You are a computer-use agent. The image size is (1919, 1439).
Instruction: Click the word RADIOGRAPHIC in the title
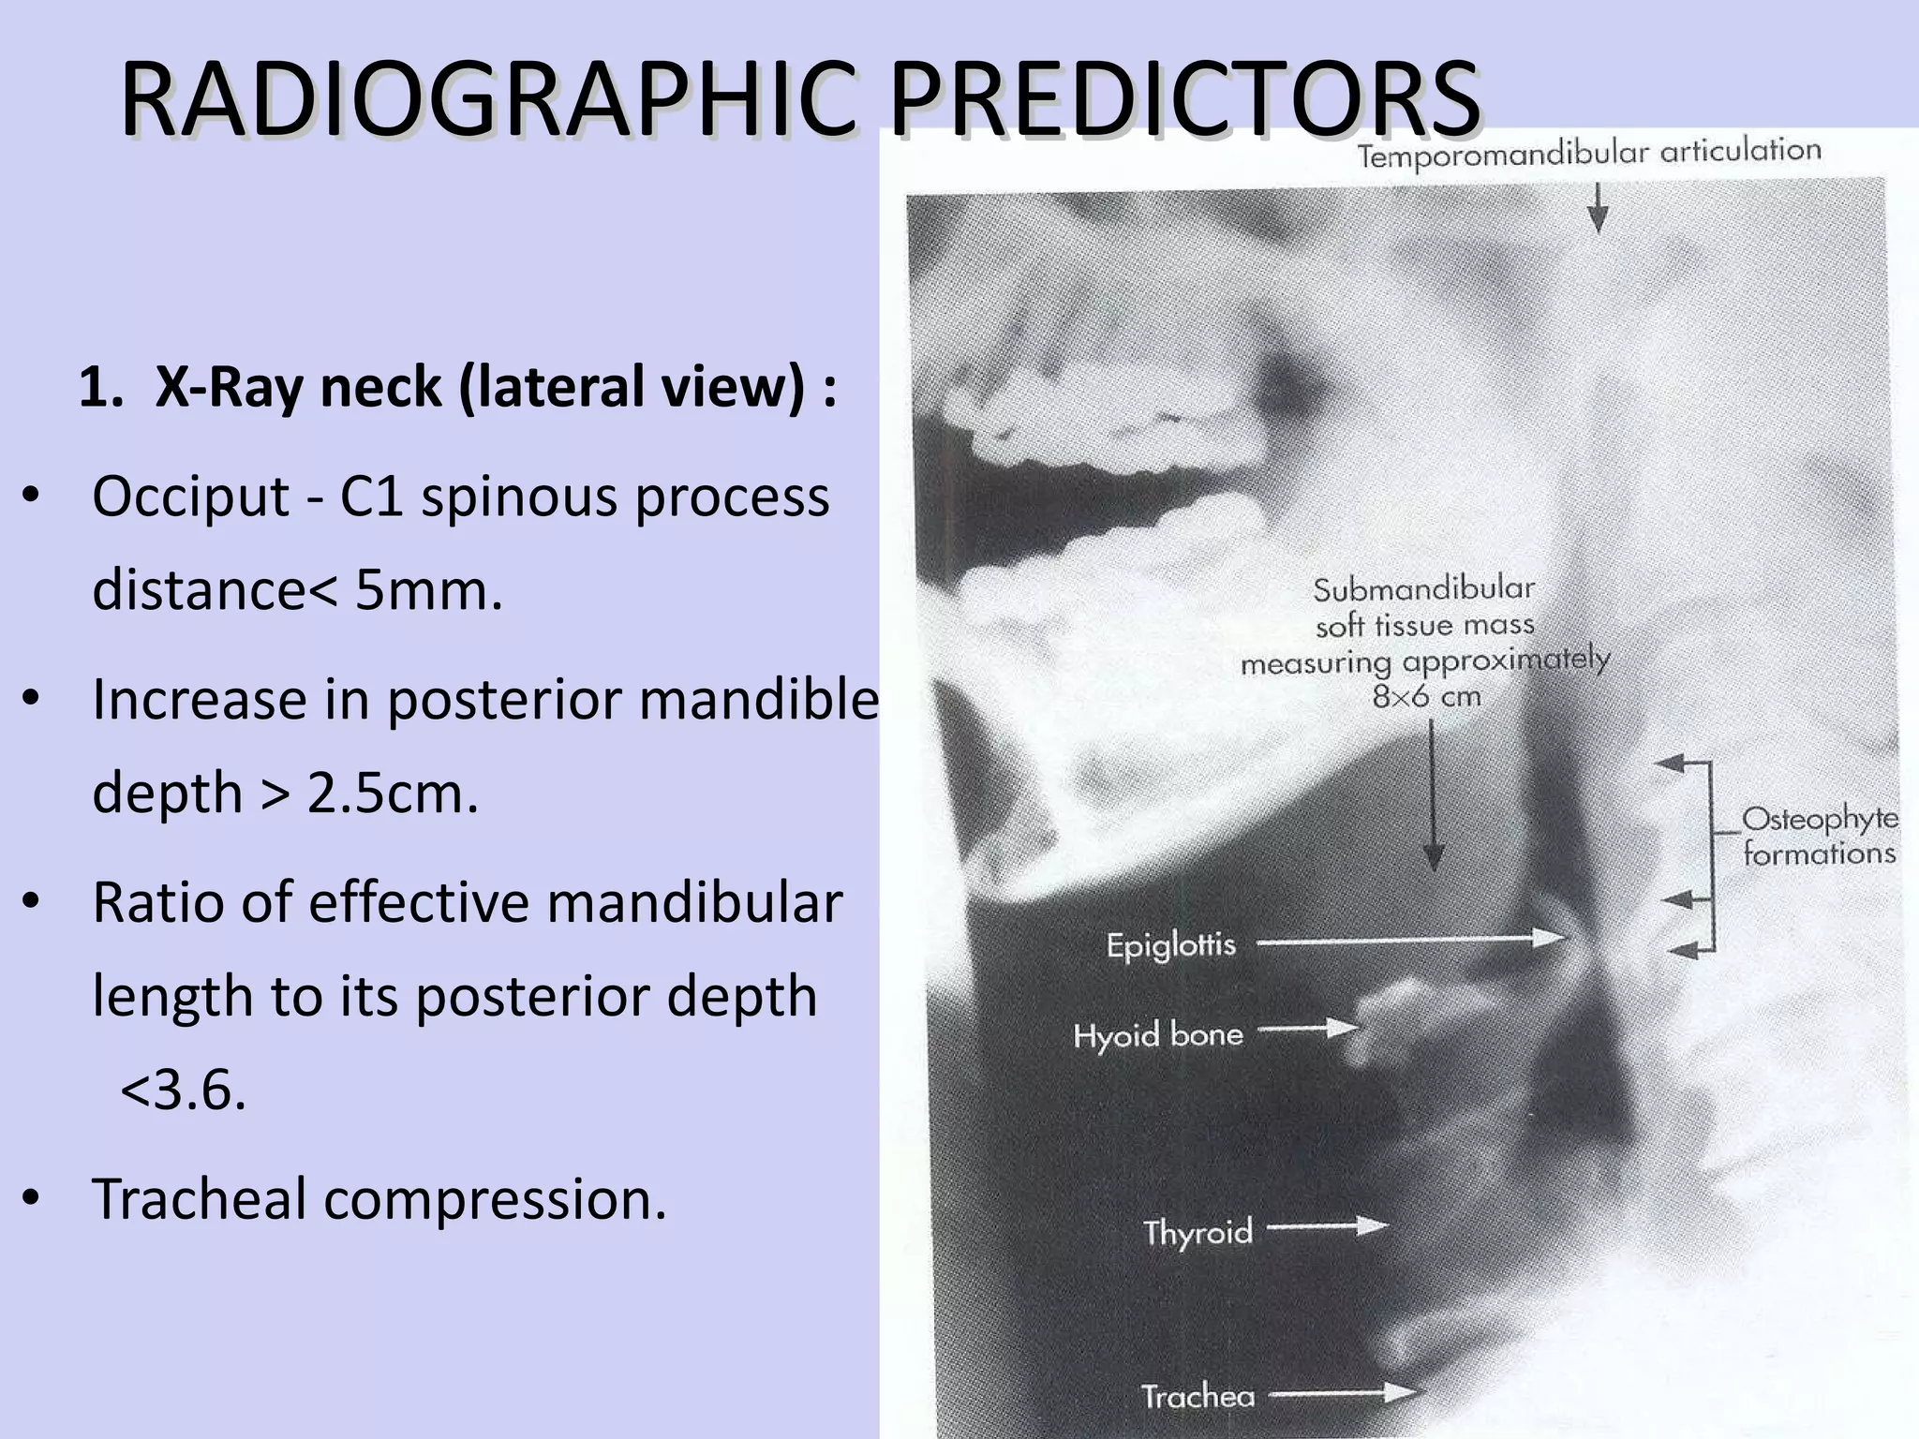487,98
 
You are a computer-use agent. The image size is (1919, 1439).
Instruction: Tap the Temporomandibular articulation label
1589,153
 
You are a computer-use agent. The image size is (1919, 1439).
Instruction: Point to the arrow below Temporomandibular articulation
1599,207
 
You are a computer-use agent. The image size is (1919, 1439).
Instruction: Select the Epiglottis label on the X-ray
1171,944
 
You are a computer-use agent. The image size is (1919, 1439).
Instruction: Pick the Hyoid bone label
1158,1035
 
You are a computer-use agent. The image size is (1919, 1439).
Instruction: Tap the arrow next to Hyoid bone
1308,1030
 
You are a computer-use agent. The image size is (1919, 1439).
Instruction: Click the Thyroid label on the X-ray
1198,1231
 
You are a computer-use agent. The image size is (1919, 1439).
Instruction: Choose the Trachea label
1198,1397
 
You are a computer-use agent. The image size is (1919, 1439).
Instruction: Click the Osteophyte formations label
1819,837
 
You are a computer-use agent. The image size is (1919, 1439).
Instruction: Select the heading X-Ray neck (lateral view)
458,387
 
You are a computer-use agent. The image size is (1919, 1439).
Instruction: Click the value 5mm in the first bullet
428,590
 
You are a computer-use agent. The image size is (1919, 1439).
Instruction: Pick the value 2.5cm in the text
393,793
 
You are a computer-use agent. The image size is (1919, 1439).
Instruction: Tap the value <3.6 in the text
184,1090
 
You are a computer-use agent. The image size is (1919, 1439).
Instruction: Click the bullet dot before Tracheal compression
32,1198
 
